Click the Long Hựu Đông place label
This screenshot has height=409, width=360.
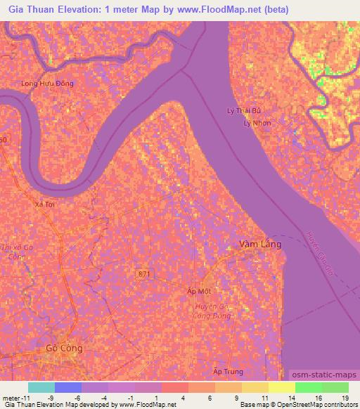pos(47,83)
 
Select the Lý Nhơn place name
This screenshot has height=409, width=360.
pos(257,122)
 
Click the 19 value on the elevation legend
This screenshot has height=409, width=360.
pos(345,398)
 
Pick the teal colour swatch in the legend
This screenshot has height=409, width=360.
pos(41,387)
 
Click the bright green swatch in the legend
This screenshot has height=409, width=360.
pos(308,387)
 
